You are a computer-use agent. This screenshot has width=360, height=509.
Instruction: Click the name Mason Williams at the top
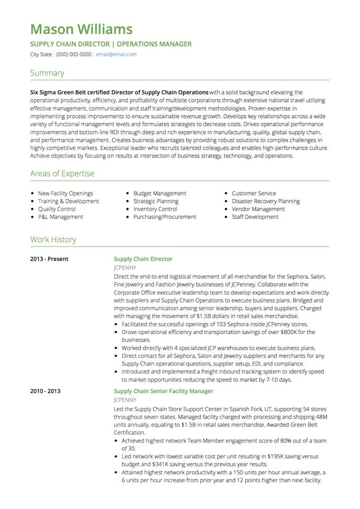tap(81, 29)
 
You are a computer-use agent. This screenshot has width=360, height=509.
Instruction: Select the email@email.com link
tap(116, 54)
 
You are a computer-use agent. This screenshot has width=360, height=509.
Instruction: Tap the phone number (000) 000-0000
tap(74, 54)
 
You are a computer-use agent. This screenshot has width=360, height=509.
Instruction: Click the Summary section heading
tap(47, 73)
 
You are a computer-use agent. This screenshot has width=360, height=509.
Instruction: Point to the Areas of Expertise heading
tap(62, 174)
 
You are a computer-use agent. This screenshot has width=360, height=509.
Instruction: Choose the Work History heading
tap(53, 240)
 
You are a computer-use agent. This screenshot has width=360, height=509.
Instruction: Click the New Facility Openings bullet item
tap(65, 193)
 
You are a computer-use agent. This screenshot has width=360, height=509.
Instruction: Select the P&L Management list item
tap(60, 217)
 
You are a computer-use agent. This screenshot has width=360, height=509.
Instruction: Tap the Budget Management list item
tap(159, 193)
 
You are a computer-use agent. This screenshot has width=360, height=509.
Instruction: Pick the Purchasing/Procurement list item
tap(165, 217)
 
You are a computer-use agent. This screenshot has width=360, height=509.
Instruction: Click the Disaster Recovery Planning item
tap(265, 201)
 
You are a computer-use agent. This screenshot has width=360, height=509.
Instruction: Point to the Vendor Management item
tap(258, 209)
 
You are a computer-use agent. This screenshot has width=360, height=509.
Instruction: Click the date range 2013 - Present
tap(49, 259)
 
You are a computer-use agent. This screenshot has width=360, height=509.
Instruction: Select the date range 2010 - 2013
tap(45, 391)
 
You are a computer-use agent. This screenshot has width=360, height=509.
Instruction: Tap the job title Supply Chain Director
tap(143, 259)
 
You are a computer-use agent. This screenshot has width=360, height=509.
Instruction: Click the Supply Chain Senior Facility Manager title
tap(164, 391)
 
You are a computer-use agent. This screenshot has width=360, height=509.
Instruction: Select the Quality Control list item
tap(57, 209)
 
